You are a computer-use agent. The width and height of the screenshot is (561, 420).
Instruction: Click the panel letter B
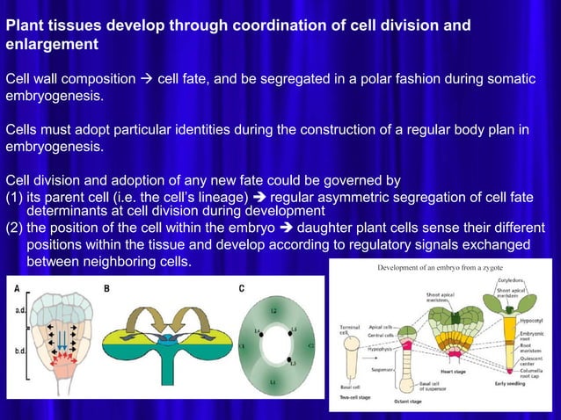[x=107, y=288]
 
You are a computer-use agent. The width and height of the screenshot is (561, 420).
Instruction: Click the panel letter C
[x=241, y=288]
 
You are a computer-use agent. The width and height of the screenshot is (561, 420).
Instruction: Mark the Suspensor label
[x=381, y=370]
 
